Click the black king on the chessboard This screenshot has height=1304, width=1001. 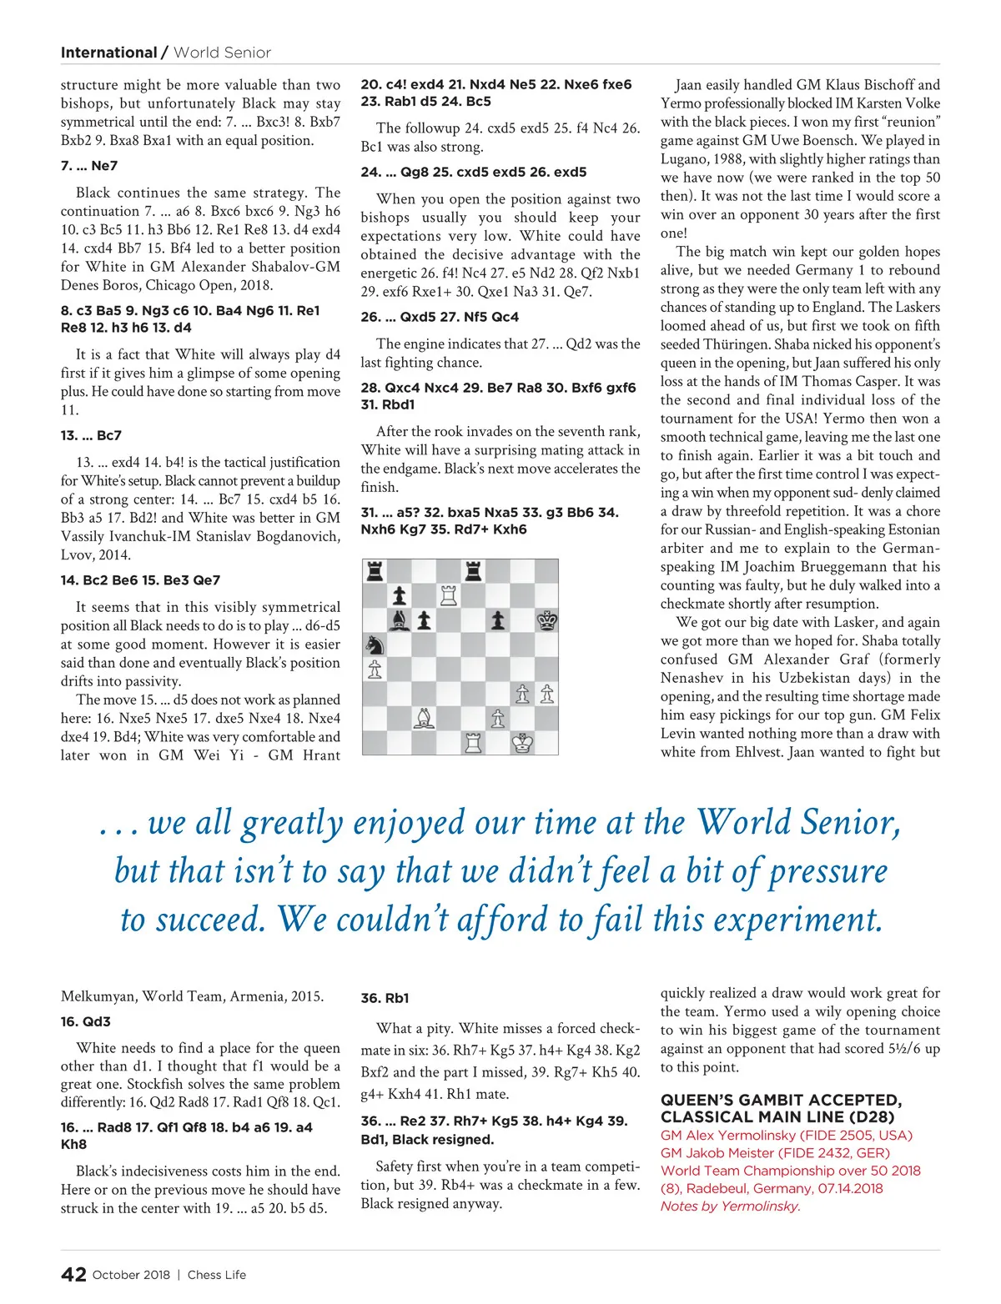point(547,620)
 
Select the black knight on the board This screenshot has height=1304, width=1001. point(375,644)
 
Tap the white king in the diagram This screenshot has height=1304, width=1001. point(523,742)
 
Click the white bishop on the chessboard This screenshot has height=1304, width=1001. point(425,718)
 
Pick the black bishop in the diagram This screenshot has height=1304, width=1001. point(400,620)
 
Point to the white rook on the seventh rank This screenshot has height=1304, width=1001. point(449,595)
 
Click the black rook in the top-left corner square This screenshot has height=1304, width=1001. point(375,571)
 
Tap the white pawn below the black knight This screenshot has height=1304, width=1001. point(375,669)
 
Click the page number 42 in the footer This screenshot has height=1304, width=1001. point(73,1274)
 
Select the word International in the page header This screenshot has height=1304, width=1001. point(108,53)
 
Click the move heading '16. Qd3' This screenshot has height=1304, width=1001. point(86,1021)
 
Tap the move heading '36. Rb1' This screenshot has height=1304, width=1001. point(385,998)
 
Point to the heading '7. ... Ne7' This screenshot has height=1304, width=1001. point(89,166)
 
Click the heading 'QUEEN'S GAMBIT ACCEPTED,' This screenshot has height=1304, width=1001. point(781,1100)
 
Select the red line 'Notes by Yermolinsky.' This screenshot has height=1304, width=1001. point(730,1206)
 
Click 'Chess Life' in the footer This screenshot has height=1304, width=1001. point(217,1275)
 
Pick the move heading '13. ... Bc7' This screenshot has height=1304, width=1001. point(91,435)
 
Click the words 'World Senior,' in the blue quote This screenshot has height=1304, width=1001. point(798,822)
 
